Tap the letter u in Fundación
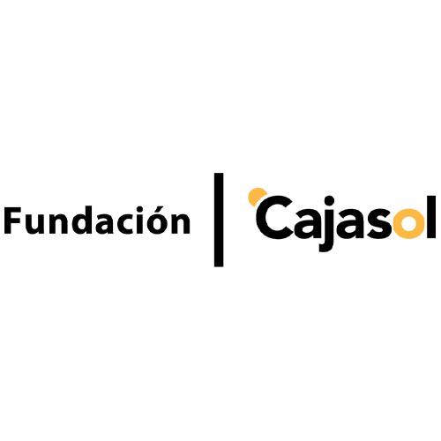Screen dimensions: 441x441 [35, 224]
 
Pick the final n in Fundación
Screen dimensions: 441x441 [181, 224]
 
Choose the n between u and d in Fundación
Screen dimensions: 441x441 [57, 224]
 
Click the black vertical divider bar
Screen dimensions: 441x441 [219, 220]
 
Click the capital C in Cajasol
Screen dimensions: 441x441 [273, 217]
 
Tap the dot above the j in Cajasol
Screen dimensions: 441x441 [330, 201]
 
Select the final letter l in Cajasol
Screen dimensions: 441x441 [431, 217]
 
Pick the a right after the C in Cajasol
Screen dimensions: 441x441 [305, 224]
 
